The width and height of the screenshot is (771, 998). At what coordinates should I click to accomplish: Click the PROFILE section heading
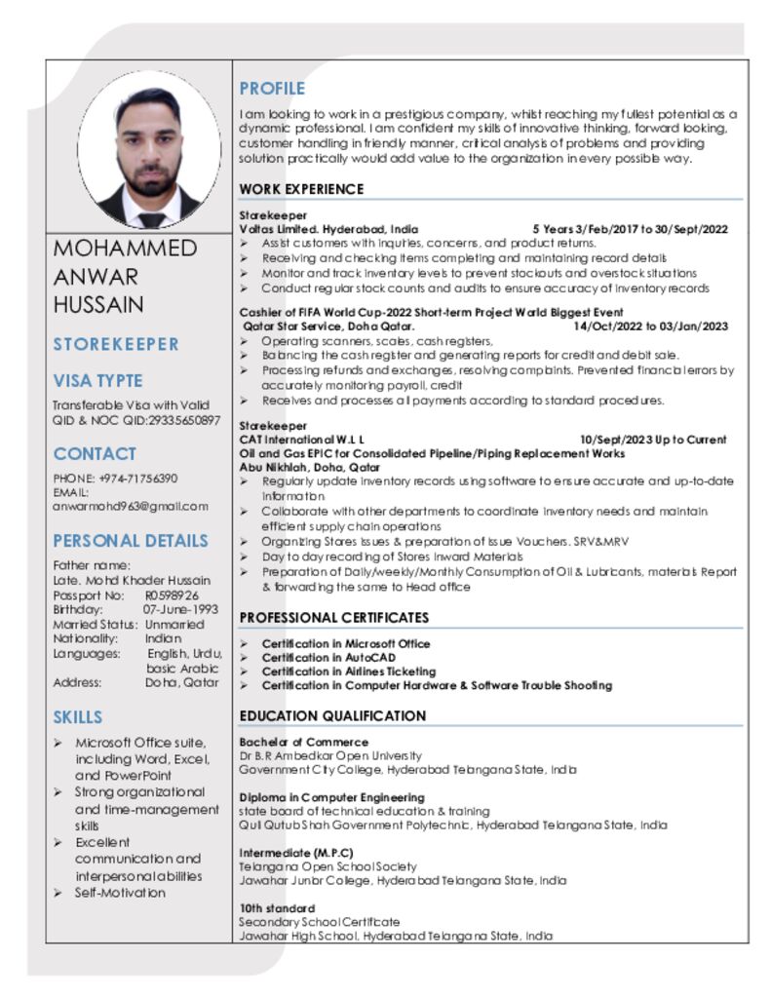[x=272, y=89]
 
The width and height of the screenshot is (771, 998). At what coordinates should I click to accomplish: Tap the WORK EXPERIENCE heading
[x=301, y=189]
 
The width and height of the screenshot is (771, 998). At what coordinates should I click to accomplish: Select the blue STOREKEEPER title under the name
[x=116, y=344]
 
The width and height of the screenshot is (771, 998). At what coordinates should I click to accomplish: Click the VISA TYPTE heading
[x=97, y=381]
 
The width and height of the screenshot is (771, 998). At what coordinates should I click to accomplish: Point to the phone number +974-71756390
[x=137, y=479]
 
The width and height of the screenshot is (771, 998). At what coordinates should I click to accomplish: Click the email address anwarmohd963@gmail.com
[x=131, y=506]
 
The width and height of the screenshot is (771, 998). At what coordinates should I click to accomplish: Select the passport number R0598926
[x=172, y=595]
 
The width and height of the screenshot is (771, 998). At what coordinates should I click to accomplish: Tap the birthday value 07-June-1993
[x=180, y=609]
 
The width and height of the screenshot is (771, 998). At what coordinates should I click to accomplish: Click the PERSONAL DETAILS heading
[x=131, y=541]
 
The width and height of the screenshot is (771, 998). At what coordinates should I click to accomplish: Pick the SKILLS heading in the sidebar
[x=78, y=717]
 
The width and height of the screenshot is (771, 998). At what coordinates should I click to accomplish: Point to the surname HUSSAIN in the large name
[x=98, y=304]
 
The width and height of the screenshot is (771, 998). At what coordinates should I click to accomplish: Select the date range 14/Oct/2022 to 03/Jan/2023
[x=650, y=326]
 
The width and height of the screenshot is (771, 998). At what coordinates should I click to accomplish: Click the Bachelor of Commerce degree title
[x=290, y=742]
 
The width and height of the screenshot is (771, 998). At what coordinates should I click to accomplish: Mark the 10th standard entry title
[x=278, y=908]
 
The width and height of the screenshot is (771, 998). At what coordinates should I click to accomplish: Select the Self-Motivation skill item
[x=120, y=893]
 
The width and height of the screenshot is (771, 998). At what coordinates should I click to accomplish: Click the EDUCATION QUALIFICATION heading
[x=332, y=716]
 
